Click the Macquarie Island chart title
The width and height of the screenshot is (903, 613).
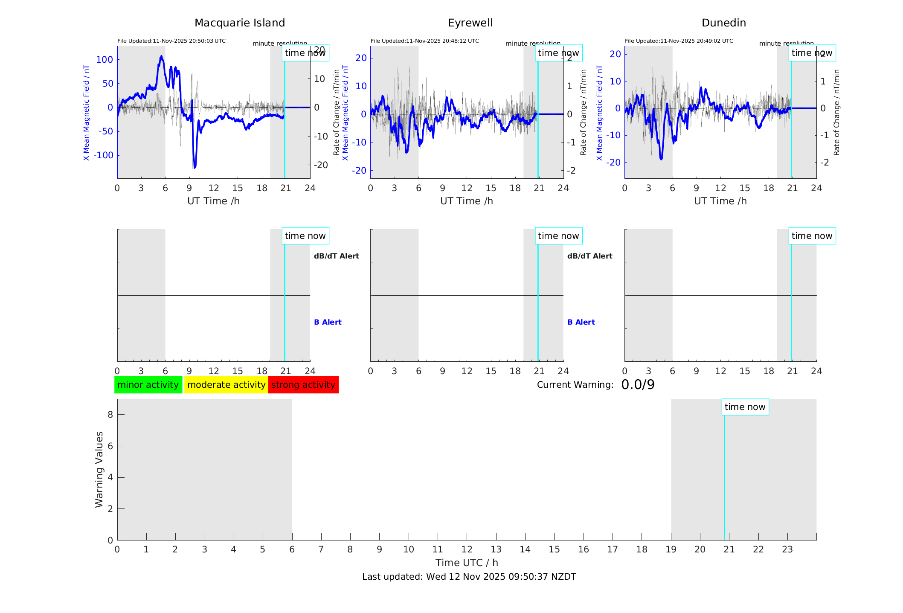coord(240,23)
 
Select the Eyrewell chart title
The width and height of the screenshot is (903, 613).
coord(470,23)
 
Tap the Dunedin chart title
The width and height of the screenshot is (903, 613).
coord(723,23)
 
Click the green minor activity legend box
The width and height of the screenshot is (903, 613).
coord(148,385)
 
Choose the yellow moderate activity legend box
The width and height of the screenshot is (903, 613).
coord(226,385)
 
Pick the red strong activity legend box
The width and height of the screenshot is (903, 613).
coord(303,385)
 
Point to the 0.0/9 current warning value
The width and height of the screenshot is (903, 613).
coord(638,385)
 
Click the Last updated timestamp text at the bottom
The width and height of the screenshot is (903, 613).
coord(469,577)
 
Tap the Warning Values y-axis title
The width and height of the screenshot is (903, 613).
coord(99,469)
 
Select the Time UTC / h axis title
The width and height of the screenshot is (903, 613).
coord(467,563)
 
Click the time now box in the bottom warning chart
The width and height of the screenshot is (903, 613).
coord(745,407)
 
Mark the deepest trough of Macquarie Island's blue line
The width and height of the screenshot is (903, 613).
coord(195,168)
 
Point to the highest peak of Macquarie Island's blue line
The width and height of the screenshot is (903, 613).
coord(161,56)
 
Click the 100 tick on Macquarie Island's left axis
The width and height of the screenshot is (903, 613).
coord(105,60)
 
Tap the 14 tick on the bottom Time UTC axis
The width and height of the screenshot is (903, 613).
coord(525,549)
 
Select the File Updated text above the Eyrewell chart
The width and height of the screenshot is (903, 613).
coord(424,41)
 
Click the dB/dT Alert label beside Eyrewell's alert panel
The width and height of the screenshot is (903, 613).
coord(589,256)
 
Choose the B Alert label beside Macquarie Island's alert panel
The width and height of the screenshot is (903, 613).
coord(328,322)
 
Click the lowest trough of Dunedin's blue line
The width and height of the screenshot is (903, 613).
coord(661,159)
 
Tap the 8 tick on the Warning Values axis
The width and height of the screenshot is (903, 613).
coord(110,414)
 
